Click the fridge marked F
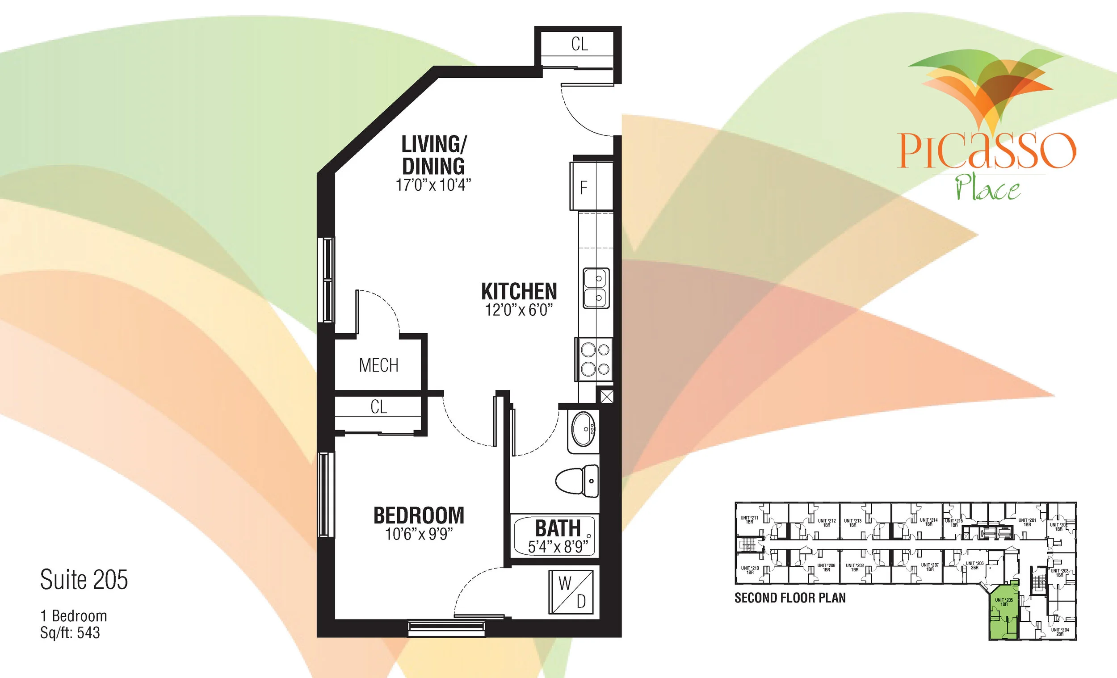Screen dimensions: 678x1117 tap(591, 186)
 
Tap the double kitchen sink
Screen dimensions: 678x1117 tap(596, 288)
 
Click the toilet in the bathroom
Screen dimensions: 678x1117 tap(577, 481)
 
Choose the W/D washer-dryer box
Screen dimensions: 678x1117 tap(571, 591)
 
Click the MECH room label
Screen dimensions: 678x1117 tap(378, 365)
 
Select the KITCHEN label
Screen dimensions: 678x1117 tap(519, 291)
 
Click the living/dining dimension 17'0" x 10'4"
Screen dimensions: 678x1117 tap(433, 185)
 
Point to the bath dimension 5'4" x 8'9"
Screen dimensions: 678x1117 tap(558, 547)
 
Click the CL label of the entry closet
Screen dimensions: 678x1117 tap(579, 44)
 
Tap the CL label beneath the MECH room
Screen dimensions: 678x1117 tap(378, 406)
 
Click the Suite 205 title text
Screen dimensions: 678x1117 tap(84, 580)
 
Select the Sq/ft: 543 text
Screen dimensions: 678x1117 tap(70, 633)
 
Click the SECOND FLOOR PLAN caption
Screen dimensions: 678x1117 tap(789, 598)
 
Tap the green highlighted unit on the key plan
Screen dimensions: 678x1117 tap(1003, 616)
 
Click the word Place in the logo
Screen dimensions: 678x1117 tap(988, 188)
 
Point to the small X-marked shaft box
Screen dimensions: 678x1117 tap(607, 397)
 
